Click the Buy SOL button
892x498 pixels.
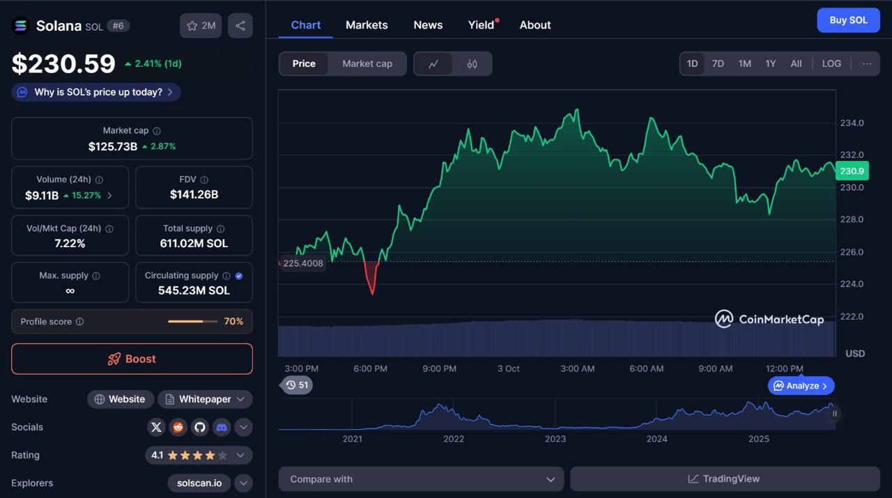pos(848,20)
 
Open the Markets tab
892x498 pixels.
pos(367,25)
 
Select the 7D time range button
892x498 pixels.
pos(718,63)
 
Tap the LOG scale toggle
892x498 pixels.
pos(831,63)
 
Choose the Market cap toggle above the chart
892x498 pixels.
pos(367,63)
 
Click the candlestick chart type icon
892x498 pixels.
pos(472,64)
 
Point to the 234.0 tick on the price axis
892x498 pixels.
pos(852,123)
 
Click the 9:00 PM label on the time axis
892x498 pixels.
pos(439,368)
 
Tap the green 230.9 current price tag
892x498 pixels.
pos(852,171)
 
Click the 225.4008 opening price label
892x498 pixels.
pos(303,263)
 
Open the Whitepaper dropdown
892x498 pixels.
pos(205,399)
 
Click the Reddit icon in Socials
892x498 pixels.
pos(178,427)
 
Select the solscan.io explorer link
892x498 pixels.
pos(199,483)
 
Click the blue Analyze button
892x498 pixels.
pos(801,385)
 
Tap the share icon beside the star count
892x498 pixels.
pos(240,26)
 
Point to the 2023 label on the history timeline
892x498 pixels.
pos(555,439)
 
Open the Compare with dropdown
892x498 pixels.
pos(422,479)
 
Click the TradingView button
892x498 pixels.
pos(725,479)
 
